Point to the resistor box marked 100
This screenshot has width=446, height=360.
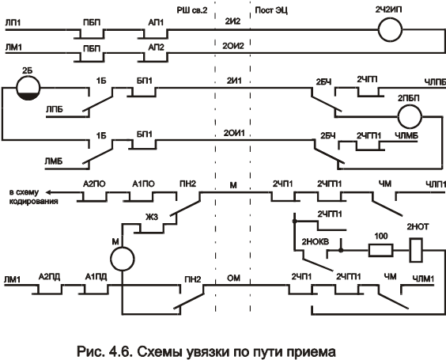tap(380, 251)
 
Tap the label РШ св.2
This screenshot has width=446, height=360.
tap(192, 10)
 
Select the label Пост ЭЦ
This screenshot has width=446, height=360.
tap(271, 10)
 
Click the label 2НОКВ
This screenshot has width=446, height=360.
tap(316, 242)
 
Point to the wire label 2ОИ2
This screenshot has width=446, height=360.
tap(233, 46)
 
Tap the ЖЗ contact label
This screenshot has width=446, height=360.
tap(152, 217)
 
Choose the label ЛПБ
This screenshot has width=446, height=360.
tap(55, 109)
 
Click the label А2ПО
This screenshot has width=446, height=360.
tap(94, 184)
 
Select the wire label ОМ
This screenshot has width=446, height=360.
tap(233, 278)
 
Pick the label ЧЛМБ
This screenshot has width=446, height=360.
tap(406, 136)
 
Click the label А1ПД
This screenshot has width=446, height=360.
tap(96, 277)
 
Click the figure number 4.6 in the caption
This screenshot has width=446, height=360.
tap(119, 351)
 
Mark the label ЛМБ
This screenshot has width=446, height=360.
tap(54, 161)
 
